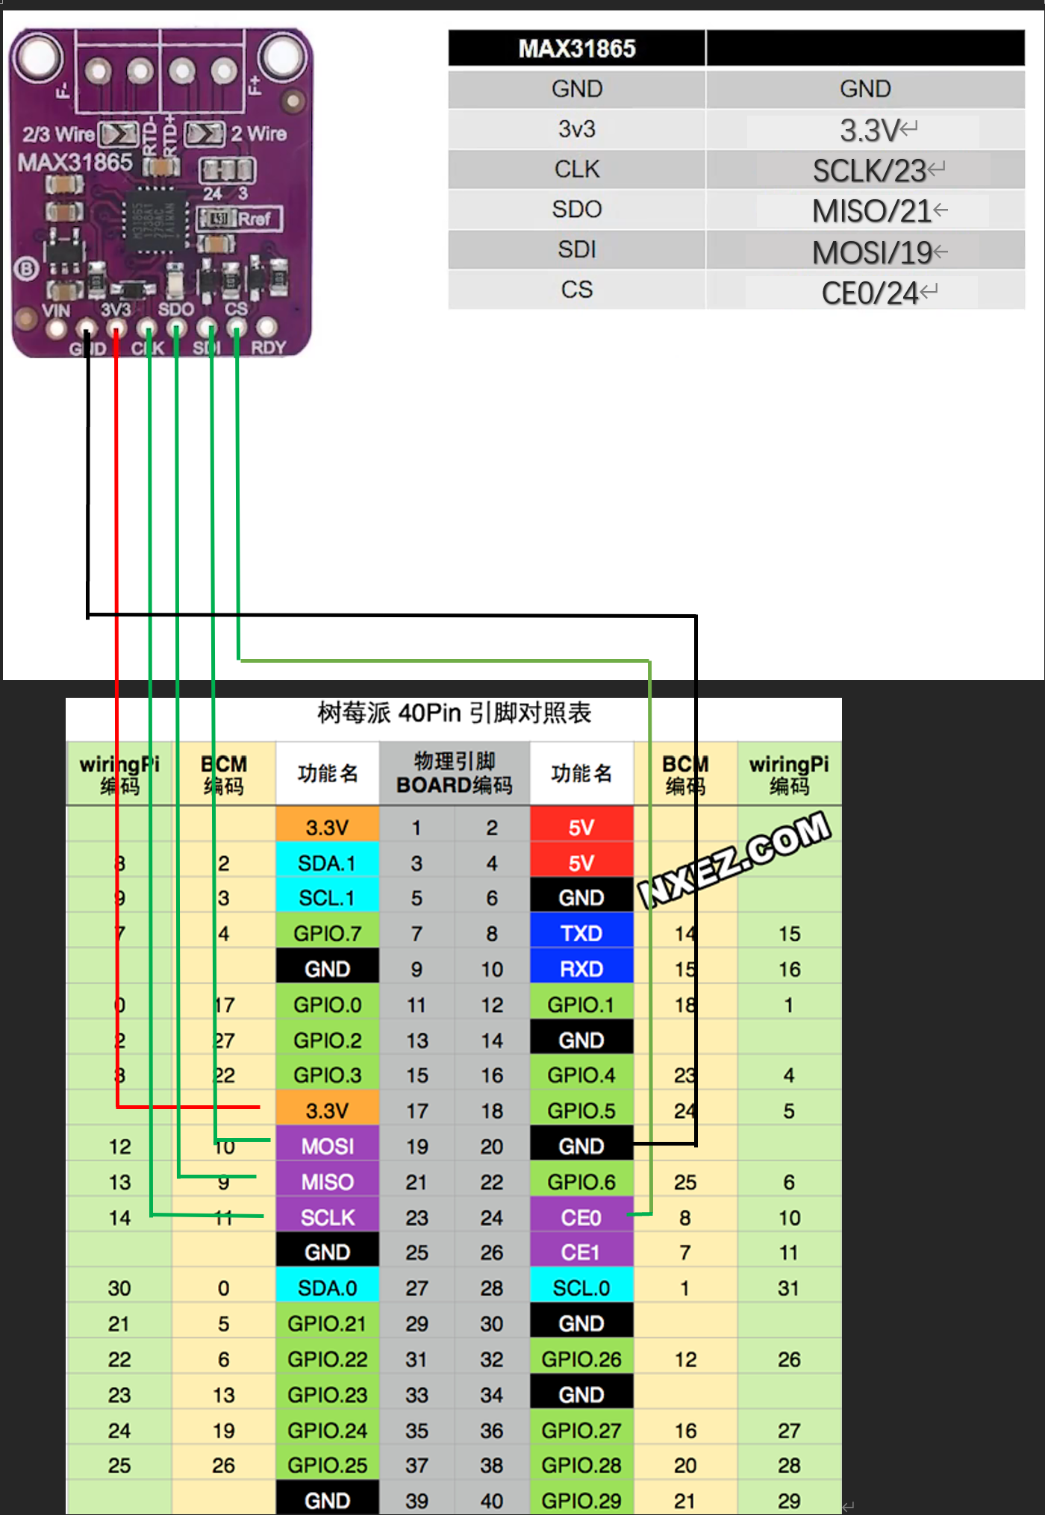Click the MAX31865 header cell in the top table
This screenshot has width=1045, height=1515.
(576, 49)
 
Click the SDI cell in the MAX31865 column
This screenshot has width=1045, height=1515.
(576, 249)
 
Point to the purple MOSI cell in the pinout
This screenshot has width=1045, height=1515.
(327, 1146)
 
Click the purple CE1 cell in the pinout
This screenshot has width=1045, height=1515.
(581, 1252)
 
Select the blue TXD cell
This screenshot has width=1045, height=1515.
(581, 934)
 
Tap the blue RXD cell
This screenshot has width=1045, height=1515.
(581, 969)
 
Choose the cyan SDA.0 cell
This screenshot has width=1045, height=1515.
(327, 1288)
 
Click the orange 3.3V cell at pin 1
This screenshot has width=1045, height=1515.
(327, 827)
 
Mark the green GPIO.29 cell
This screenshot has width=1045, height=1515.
(581, 1500)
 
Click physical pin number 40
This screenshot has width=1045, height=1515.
(492, 1500)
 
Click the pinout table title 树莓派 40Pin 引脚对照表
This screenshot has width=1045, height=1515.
(454, 713)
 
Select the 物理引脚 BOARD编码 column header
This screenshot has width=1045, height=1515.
(454, 773)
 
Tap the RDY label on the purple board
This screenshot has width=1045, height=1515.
(268, 348)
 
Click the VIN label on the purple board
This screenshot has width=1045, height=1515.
(55, 310)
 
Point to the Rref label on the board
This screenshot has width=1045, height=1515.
(254, 219)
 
